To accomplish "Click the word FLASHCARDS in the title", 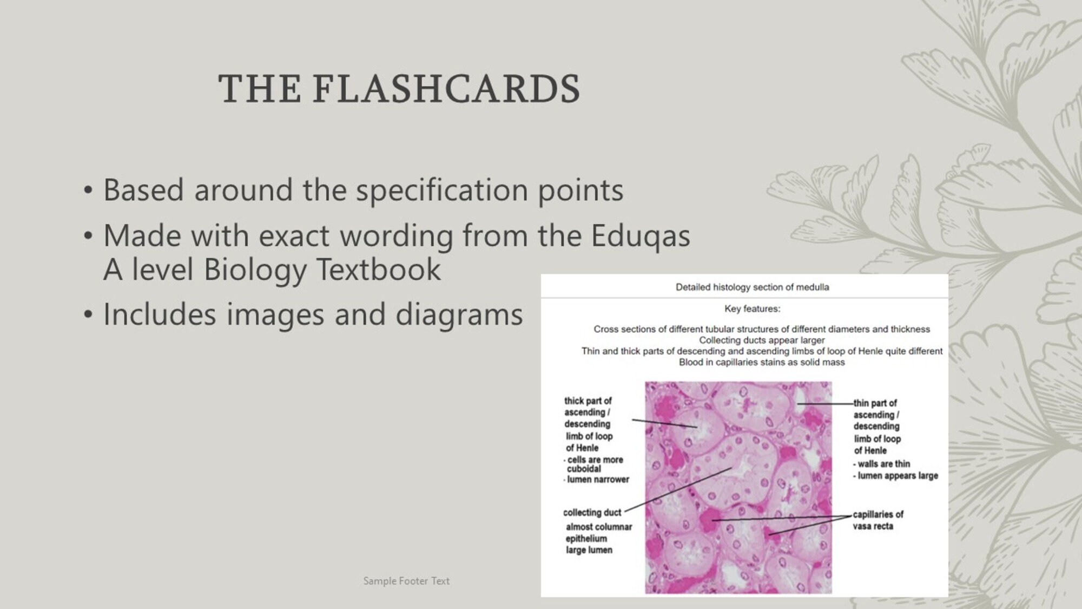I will click(x=446, y=89).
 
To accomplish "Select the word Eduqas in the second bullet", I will click(x=640, y=236).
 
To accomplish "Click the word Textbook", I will click(x=378, y=270).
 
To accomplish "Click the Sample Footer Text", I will click(x=406, y=581).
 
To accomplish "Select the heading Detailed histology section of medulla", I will click(x=752, y=287).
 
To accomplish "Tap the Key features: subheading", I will click(x=752, y=309).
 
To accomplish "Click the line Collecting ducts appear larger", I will click(x=762, y=340).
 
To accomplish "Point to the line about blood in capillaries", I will click(x=762, y=362).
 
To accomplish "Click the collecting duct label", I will click(x=592, y=513).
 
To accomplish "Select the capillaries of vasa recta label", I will click(x=878, y=520).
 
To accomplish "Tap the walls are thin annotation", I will click(x=883, y=464).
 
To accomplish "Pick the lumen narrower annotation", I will click(x=598, y=480).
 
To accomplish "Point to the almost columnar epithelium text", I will click(x=598, y=533).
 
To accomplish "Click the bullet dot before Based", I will click(x=88, y=191).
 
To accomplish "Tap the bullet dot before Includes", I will click(x=88, y=315).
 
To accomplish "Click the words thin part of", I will click(x=875, y=403).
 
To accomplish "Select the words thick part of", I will click(x=588, y=401).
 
